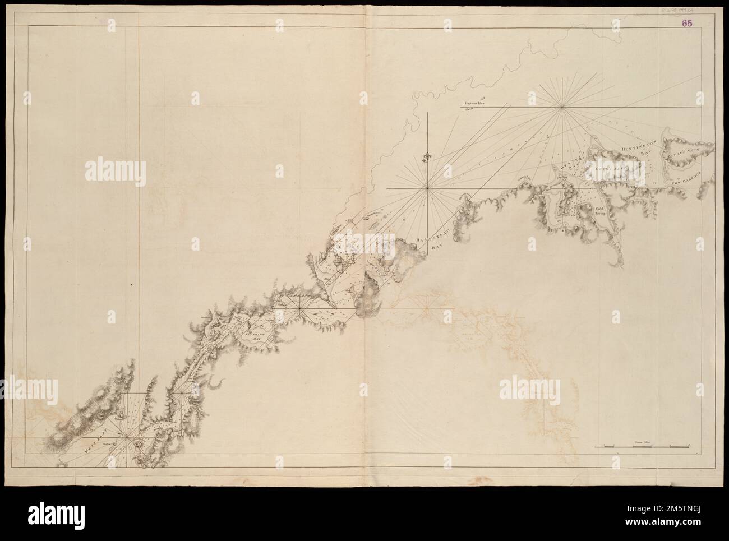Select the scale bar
point(642,447)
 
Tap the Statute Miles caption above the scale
point(642,442)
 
